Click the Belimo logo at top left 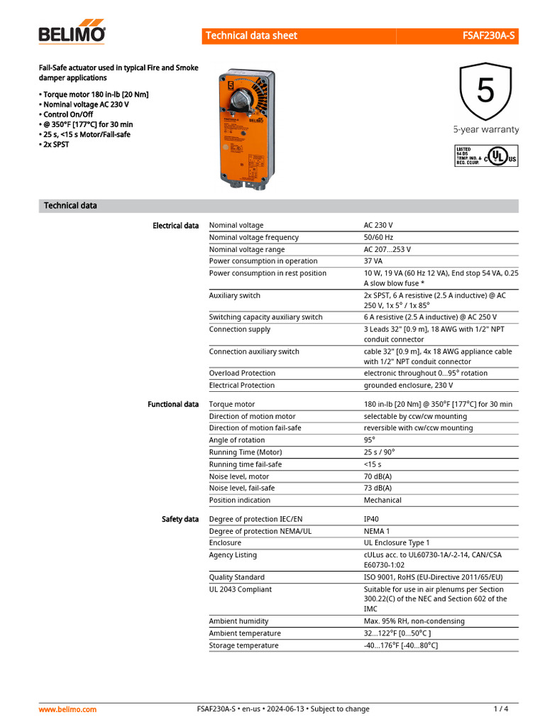72,33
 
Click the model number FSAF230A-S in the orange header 489,35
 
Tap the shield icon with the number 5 485,92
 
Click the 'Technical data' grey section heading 70,206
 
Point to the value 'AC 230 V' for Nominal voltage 378,225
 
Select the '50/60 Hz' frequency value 378,237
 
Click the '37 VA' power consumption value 373,261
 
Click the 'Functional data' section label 173,405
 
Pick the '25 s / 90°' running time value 379,452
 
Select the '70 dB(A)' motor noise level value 378,476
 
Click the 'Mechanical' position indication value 382,501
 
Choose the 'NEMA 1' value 377,531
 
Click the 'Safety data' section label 180,520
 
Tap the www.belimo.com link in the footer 67,709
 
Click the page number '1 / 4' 501,709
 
